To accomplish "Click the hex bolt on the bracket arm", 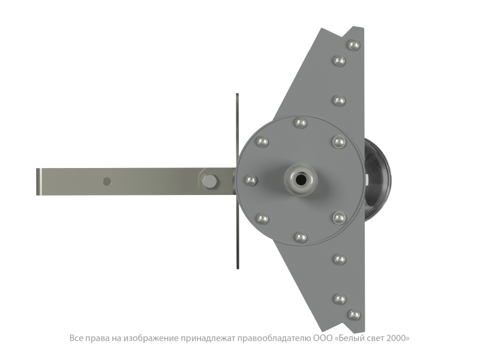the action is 209,181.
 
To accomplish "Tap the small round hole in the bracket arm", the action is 107,182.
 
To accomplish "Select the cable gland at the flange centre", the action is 301,179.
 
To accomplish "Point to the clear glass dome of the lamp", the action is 378,179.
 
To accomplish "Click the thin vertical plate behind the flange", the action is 238,181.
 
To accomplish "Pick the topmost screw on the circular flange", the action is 301,123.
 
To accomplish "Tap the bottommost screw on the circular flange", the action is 301,237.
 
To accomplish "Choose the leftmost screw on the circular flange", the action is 251,180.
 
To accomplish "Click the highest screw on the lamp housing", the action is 354,45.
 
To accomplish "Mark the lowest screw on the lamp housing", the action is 354,314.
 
